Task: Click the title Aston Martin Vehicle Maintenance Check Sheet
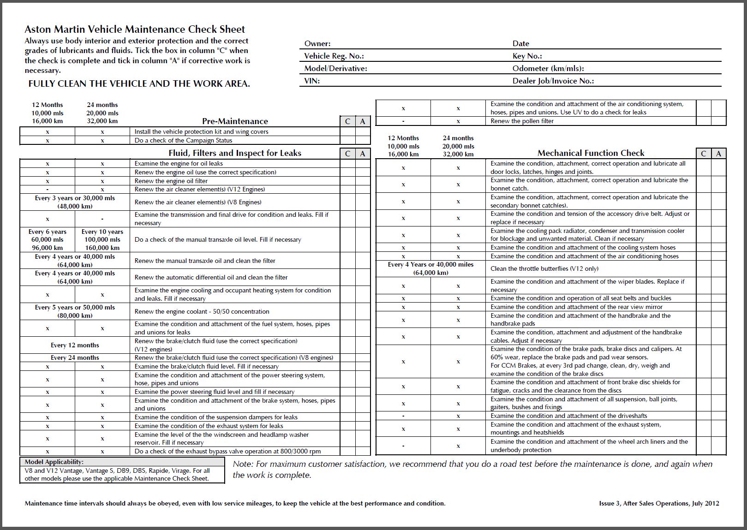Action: [135, 30]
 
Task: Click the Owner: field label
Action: [317, 44]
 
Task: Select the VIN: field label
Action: [312, 81]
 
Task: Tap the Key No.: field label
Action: [527, 56]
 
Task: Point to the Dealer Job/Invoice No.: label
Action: [553, 81]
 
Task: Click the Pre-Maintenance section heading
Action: [235, 121]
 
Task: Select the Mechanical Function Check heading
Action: [591, 153]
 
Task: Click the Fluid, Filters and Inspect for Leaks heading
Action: [235, 153]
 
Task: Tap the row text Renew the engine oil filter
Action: [171, 181]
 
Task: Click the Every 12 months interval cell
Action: [75, 345]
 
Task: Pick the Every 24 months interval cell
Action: [75, 357]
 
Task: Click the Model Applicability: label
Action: [54, 462]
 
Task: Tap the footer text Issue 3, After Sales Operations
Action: [659, 503]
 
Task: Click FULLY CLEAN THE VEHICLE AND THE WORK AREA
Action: [139, 83]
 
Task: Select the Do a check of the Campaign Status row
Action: [183, 140]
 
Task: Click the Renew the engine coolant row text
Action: [202, 311]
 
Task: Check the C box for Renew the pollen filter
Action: [703, 121]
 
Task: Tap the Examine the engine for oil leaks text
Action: [179, 163]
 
